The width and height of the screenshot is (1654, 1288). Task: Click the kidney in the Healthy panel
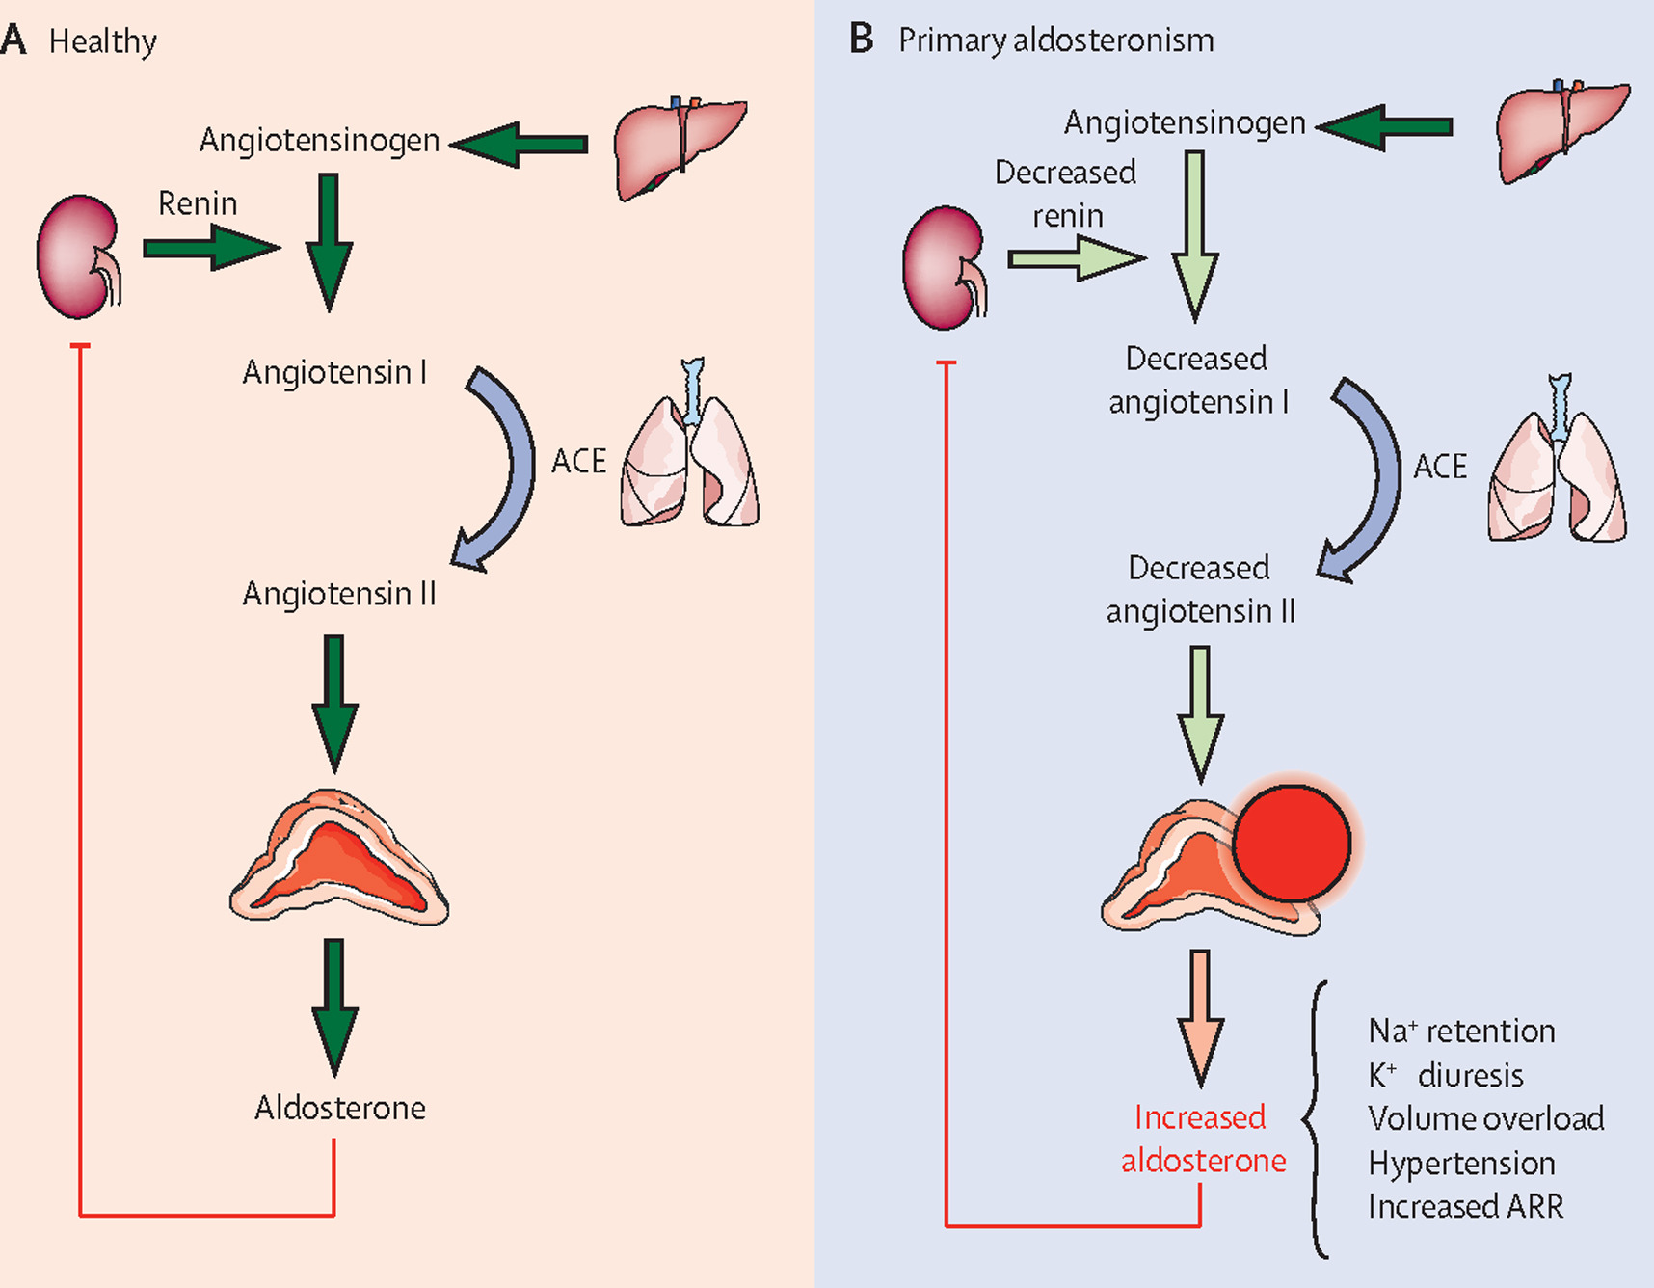[77, 256]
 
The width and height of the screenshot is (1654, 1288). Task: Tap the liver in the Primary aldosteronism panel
[1560, 129]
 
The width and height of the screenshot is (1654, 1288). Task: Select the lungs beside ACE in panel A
[689, 453]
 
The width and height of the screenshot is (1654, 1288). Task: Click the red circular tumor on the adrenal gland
[1292, 843]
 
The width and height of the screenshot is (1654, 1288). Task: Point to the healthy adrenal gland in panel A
[338, 859]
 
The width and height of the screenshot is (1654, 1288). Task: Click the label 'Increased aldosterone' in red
[1202, 1139]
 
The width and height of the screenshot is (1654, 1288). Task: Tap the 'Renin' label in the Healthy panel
[198, 203]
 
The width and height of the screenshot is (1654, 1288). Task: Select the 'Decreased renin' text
[1066, 194]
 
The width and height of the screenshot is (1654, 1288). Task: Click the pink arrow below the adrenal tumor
[1200, 1017]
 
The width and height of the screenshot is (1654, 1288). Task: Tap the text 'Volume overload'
[1485, 1118]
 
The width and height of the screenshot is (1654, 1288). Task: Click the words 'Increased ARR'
[1465, 1206]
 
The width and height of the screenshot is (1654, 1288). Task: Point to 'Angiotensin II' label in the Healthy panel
[339, 594]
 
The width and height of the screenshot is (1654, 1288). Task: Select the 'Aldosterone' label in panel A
[339, 1108]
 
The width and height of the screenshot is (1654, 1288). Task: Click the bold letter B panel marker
[861, 40]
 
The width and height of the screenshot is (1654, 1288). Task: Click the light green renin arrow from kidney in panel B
[1076, 258]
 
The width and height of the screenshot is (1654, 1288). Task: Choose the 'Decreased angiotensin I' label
[1197, 380]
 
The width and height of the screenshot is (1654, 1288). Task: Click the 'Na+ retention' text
[1461, 1031]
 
